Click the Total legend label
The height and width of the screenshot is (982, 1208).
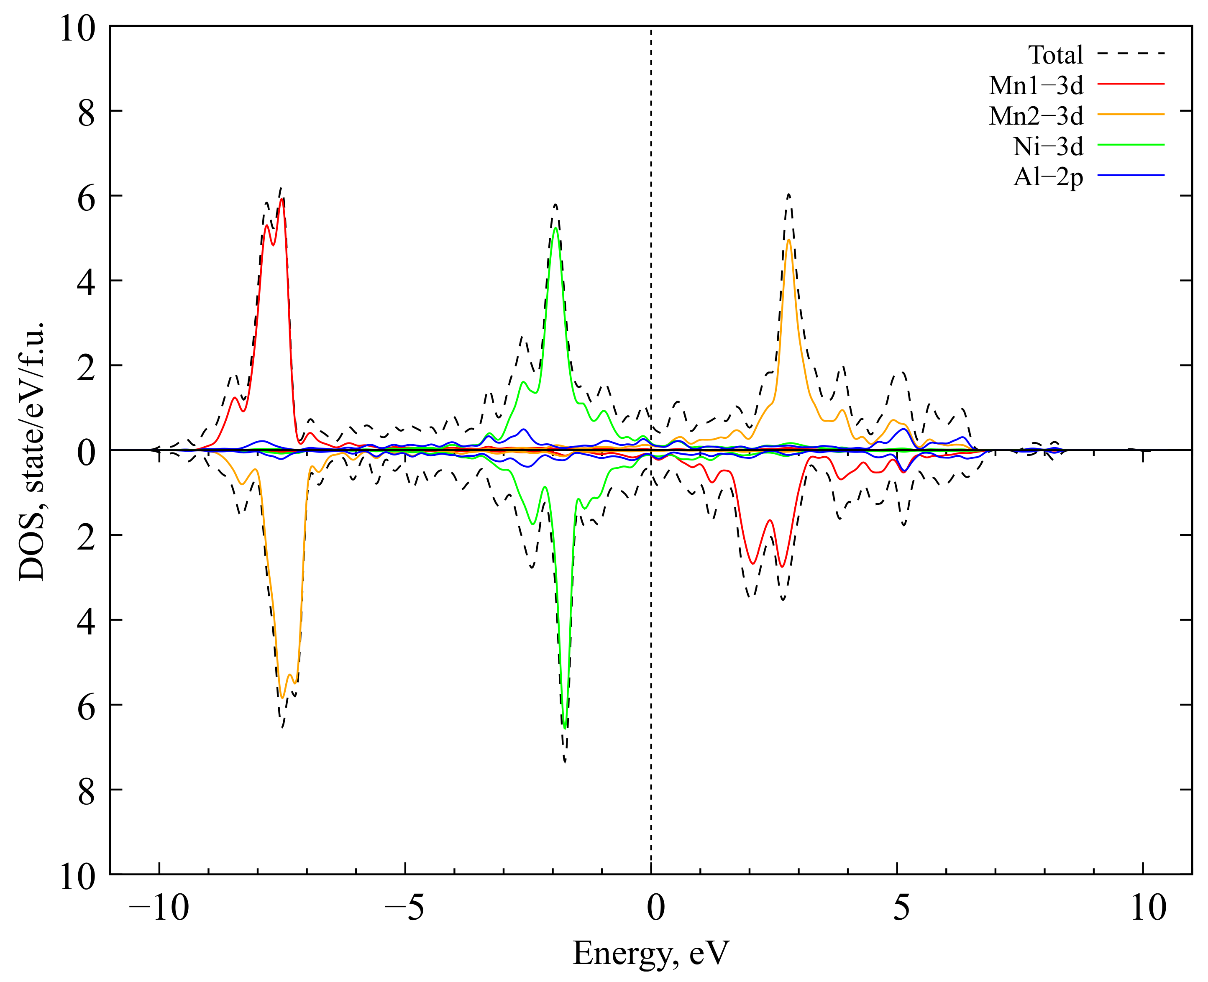pos(1055,55)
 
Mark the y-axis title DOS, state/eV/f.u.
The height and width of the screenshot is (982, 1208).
pos(32,451)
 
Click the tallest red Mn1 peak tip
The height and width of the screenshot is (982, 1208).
pos(282,199)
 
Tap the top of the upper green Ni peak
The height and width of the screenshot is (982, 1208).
pos(555,228)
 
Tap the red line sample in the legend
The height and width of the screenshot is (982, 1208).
pos(1131,84)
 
